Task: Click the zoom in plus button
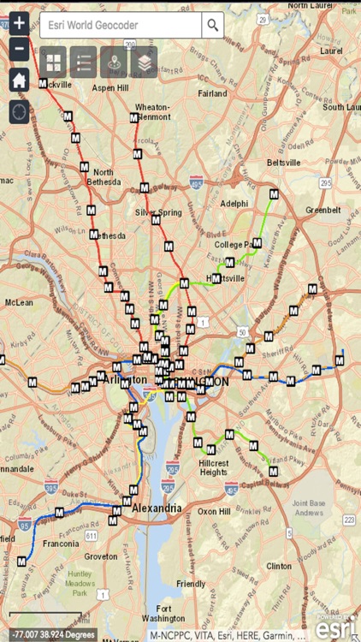pyautogui.click(x=19, y=24)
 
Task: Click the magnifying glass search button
pyautogui.click(x=213, y=26)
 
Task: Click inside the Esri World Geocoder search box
pyautogui.click(x=120, y=26)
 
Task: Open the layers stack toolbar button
pyautogui.click(x=144, y=62)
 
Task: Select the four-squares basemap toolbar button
pyautogui.click(x=53, y=62)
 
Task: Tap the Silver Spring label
pyautogui.click(x=158, y=212)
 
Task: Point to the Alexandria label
pyautogui.click(x=157, y=508)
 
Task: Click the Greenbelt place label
pyautogui.click(x=323, y=210)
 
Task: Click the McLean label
pyautogui.click(x=19, y=302)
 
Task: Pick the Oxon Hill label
pyautogui.click(x=214, y=511)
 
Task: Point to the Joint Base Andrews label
pyautogui.click(x=310, y=508)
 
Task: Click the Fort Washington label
pyautogui.click(x=163, y=613)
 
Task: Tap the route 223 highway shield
pyautogui.click(x=349, y=520)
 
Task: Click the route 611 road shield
pyautogui.click(x=92, y=534)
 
